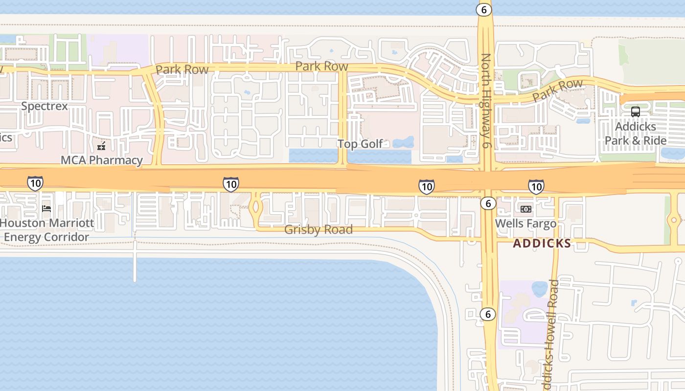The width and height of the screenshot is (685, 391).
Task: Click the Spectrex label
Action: [x=45, y=106]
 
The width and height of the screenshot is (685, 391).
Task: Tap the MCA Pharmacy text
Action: [x=102, y=160]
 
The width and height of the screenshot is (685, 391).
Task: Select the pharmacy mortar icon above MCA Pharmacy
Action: [x=101, y=146]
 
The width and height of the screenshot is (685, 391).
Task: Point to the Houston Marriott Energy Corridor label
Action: [x=47, y=230]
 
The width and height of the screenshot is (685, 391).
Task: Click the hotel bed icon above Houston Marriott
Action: [x=46, y=208]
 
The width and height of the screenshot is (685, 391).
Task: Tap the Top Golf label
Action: [x=360, y=144]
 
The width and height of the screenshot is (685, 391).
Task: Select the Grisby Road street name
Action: [x=318, y=230]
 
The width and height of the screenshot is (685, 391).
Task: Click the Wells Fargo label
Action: [x=525, y=224]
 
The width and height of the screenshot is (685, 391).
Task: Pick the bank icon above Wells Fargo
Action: [x=526, y=209]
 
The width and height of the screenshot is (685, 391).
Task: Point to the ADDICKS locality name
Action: [x=542, y=243]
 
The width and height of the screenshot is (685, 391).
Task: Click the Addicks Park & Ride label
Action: [x=635, y=133]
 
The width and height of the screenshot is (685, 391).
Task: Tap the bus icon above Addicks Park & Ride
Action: [x=635, y=112]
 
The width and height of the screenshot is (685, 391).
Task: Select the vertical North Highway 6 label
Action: [x=486, y=101]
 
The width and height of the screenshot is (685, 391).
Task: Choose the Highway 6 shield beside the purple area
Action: [x=488, y=314]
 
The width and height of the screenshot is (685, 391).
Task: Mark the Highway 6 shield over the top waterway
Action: [x=484, y=10]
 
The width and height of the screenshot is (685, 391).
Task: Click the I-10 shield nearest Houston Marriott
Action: [x=35, y=183]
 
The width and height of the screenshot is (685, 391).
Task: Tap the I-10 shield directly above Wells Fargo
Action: [x=536, y=186]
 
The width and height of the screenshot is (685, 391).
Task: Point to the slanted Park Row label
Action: [x=557, y=90]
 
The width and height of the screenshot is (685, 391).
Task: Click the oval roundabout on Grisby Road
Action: [x=256, y=207]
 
